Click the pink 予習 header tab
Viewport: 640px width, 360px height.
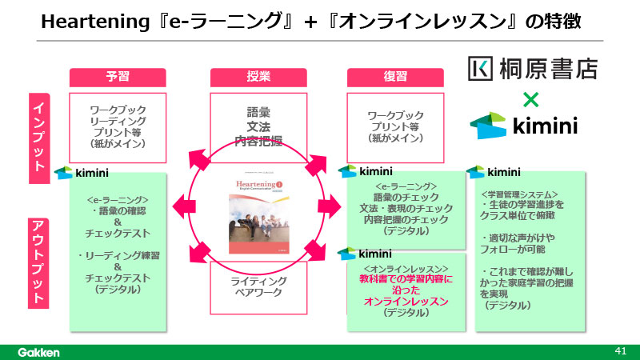coord(118,78)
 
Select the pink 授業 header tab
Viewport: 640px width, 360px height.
coord(259,78)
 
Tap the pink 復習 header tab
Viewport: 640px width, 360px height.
coord(395,78)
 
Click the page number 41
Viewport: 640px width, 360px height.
coord(620,350)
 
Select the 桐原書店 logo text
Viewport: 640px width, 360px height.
coord(532,69)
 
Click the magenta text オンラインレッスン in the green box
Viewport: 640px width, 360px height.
coord(406,302)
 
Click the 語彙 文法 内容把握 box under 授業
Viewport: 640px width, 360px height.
coord(259,127)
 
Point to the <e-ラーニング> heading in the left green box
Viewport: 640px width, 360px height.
coord(118,199)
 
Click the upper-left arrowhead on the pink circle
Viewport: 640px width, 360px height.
coord(197,156)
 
